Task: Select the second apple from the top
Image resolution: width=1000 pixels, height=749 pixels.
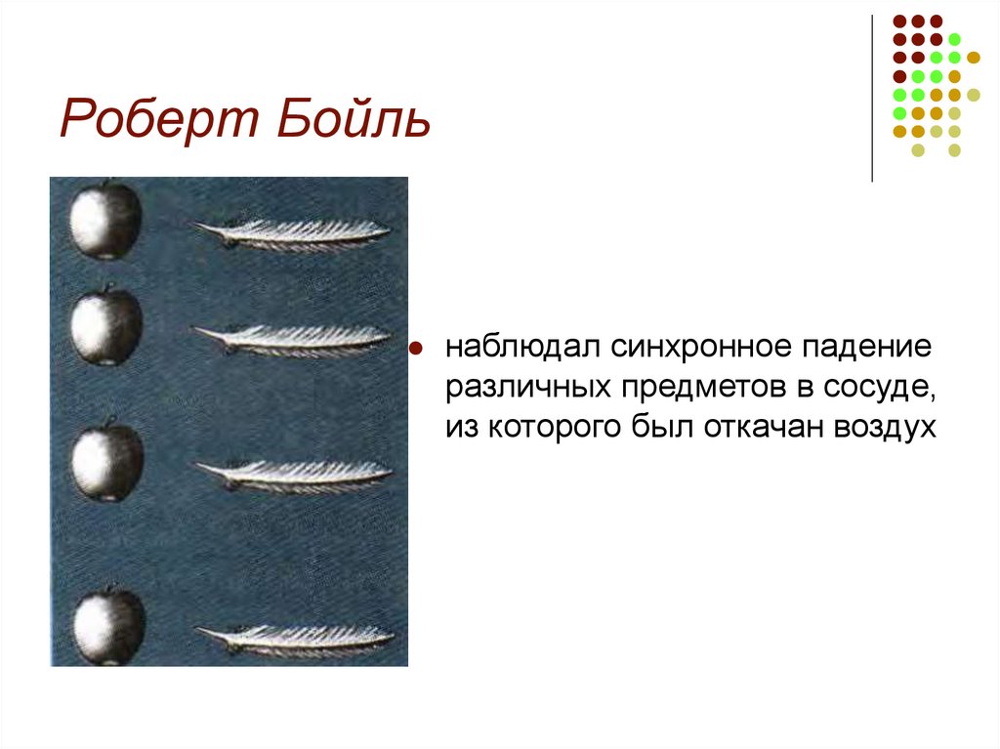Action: pos(106,326)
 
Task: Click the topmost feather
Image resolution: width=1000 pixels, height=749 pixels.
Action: pos(293,232)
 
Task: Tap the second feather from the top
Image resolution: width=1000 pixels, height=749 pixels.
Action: pos(293,338)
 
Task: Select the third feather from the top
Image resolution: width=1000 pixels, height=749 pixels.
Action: pos(295,474)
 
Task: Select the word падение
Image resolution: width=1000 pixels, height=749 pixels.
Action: pos(866,349)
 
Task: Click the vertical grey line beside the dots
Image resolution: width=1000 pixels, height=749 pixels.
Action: pos(872,98)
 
